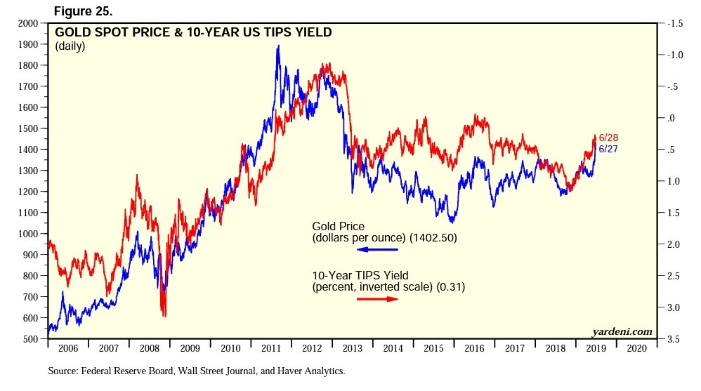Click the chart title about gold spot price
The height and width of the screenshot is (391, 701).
coord(193,32)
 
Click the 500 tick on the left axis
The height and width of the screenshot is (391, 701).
coord(30,339)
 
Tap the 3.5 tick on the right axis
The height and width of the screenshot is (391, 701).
coord(674,339)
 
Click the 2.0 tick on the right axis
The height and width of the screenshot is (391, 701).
coord(674,244)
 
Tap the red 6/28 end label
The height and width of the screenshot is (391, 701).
coord(608,138)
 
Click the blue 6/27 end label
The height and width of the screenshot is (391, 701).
coord(608,149)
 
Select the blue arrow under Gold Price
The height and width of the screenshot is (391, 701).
coord(378,248)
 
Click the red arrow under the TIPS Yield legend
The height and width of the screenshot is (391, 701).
coord(377,299)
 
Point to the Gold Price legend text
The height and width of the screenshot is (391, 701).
coord(385,232)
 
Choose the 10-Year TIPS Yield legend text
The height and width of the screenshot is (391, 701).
coord(388,281)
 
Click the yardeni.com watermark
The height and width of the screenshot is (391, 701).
coord(622,331)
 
